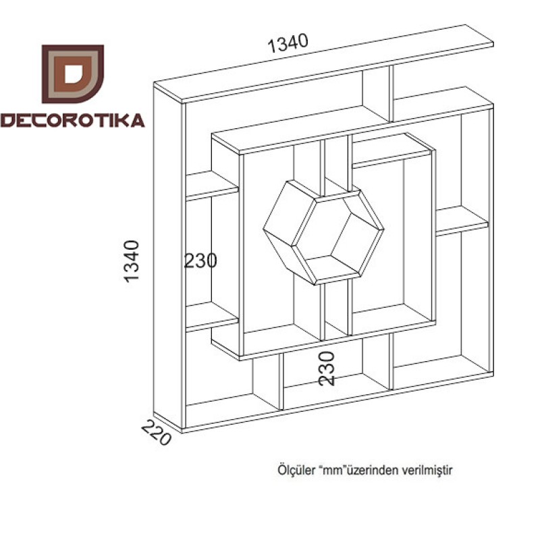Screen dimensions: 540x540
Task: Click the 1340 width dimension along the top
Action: tap(288, 43)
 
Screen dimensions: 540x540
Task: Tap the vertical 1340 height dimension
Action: tap(132, 261)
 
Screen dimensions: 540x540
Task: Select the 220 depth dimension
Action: tap(156, 433)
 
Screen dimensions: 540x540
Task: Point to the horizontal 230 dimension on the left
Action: tap(200, 261)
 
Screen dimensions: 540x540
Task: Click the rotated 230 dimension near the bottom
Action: tap(327, 369)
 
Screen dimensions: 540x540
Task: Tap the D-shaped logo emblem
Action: tap(73, 74)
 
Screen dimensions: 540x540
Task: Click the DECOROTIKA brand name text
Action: tap(72, 121)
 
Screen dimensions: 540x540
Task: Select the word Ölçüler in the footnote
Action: tap(296, 470)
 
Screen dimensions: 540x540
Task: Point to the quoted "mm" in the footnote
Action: tap(332, 470)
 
